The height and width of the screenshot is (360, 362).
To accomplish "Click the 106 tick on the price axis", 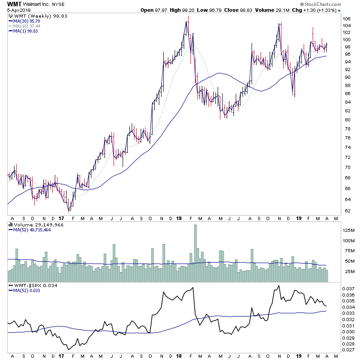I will click(x=347, y=19).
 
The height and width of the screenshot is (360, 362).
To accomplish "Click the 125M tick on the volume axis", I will click(x=348, y=230).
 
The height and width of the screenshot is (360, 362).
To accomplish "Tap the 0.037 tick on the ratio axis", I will click(x=348, y=288).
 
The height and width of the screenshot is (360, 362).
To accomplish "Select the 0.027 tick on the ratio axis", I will click(x=348, y=350).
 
